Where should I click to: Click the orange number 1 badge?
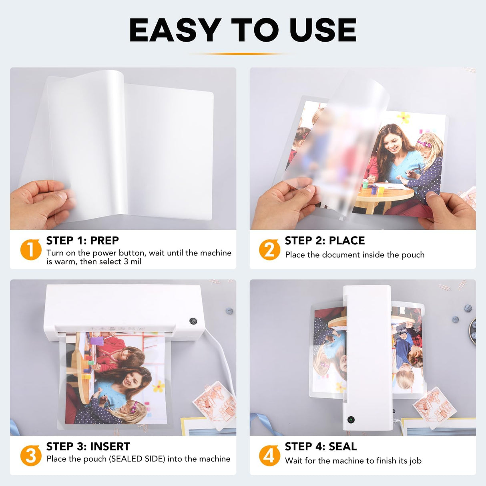(31, 249)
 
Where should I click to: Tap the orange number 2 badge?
(269, 249)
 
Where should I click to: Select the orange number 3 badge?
(31, 456)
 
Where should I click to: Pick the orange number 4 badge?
(269, 456)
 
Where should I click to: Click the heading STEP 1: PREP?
(82, 241)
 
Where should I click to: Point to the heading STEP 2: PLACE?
(325, 241)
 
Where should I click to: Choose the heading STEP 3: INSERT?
(88, 446)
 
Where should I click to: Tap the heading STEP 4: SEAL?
(321, 446)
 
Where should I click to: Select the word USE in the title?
(323, 30)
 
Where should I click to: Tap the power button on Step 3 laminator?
(193, 321)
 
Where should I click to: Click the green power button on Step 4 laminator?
(351, 420)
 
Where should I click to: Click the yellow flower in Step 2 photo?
(403, 118)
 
